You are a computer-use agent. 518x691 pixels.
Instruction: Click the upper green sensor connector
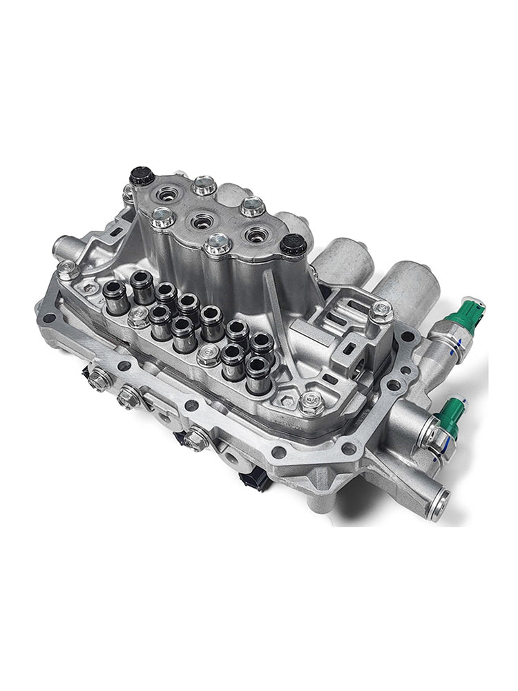coord(463,315)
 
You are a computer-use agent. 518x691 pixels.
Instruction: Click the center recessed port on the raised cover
coord(202,221)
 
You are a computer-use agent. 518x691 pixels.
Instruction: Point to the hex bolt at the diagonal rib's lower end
coord(311,399)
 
